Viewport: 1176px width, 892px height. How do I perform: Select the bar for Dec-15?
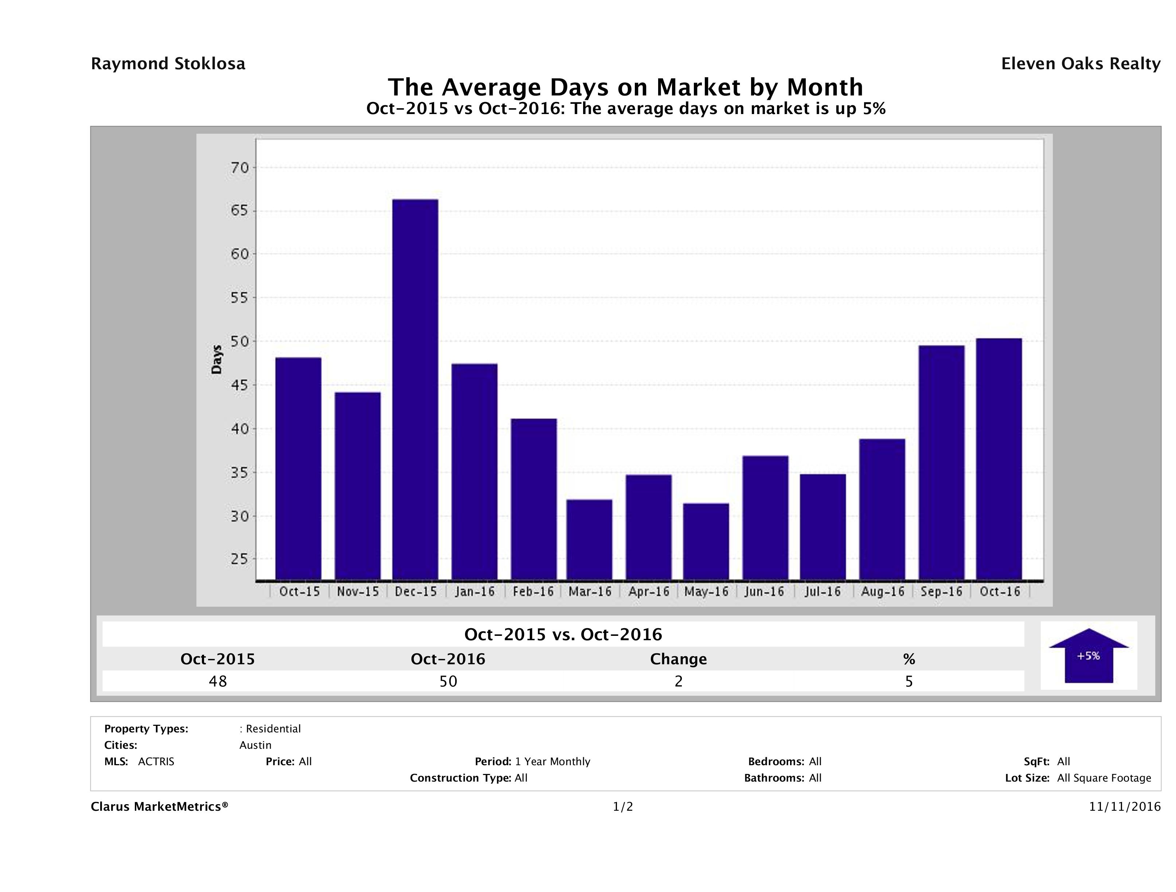click(415, 389)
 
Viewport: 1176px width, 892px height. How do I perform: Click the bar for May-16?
click(706, 541)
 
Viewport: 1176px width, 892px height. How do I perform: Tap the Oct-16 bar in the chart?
click(999, 459)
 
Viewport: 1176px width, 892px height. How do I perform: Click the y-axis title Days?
click(216, 360)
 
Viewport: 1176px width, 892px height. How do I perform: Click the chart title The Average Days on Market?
click(625, 87)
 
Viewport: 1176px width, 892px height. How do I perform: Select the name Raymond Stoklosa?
click(168, 64)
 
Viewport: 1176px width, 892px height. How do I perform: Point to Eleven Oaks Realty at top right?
click(1080, 64)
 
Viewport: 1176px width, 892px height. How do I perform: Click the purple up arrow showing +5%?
click(1088, 656)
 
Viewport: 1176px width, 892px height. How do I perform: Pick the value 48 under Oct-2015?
click(218, 681)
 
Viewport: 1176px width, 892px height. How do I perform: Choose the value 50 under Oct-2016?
click(448, 681)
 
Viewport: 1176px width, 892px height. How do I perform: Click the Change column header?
click(679, 659)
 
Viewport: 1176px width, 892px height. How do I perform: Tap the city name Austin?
click(255, 745)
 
